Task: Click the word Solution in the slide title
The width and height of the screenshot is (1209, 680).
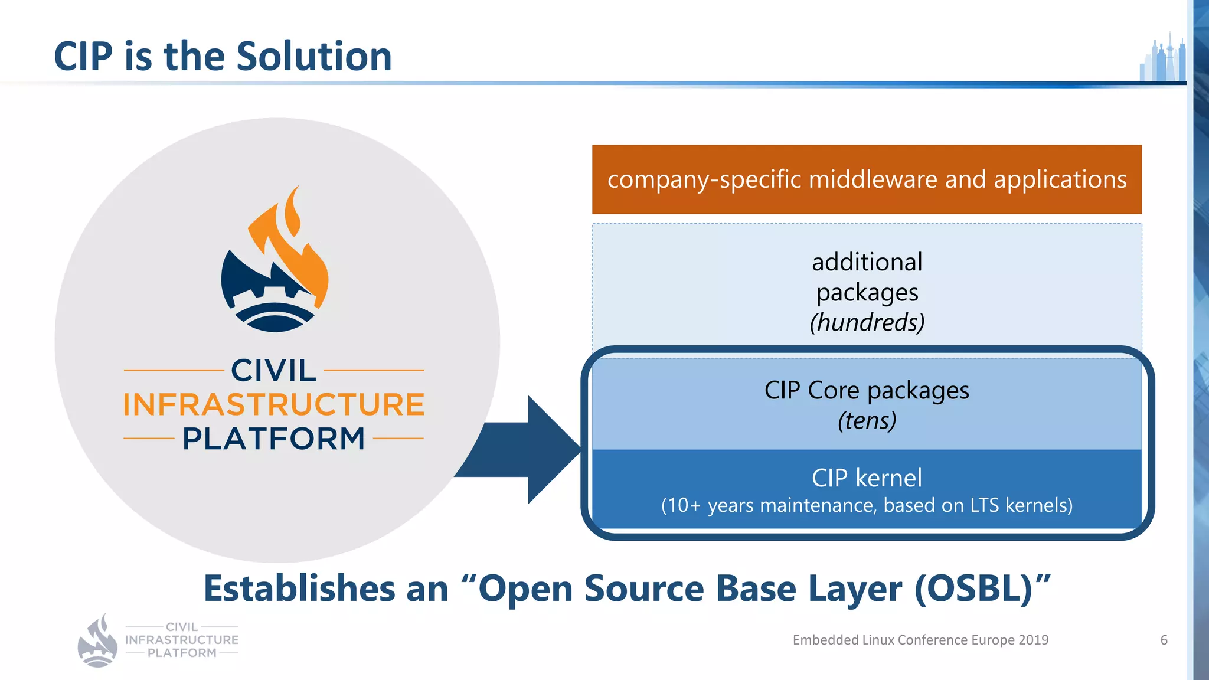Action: pos(313,57)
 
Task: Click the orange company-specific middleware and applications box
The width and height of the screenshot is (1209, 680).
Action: pos(866,179)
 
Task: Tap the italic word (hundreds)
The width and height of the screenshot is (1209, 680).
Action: pos(867,322)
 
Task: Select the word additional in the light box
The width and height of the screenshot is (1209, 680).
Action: pos(867,262)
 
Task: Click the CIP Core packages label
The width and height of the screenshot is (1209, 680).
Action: pos(866,390)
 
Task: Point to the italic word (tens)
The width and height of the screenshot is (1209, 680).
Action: pos(867,421)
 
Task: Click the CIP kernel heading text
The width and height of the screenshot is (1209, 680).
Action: pos(866,478)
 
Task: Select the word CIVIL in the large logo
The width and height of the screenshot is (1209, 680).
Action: pos(273,371)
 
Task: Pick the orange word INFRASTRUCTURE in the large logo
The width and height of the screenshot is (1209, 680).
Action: pos(273,405)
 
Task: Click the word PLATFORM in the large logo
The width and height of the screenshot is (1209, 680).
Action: pos(273,439)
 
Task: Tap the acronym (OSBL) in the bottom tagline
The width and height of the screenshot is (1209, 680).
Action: pos(974,589)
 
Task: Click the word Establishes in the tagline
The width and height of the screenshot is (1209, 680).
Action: pos(299,589)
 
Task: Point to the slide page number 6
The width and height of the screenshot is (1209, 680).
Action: pos(1164,640)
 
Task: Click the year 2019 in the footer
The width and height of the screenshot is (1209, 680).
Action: pos(1033,640)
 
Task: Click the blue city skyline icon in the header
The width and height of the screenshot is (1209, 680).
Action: pos(1162,59)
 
